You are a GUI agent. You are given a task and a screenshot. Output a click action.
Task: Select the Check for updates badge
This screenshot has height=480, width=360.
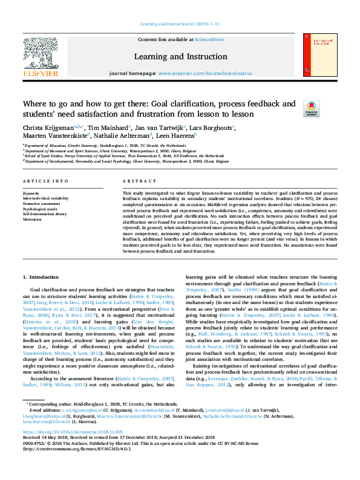pos(311,109)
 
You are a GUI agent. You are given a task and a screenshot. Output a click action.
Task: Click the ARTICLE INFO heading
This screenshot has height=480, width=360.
pos(45,181)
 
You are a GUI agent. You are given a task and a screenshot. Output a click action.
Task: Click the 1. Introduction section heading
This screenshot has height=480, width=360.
pos(42,277)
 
